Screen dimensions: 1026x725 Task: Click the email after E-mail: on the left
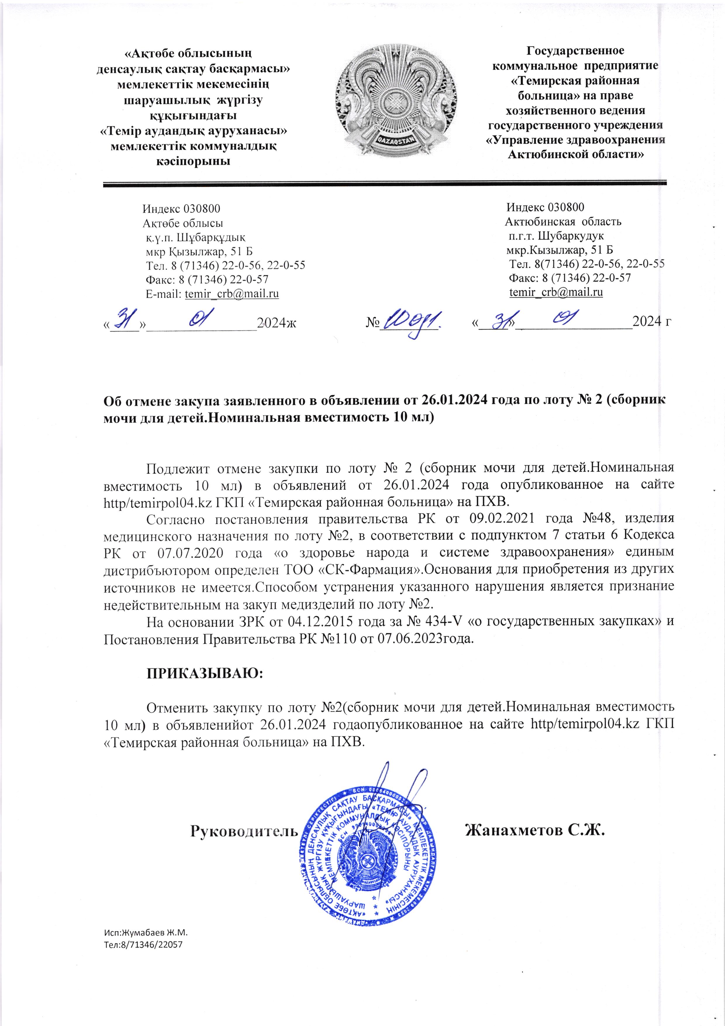(x=232, y=294)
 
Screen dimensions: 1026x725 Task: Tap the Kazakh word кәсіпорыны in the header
(x=193, y=161)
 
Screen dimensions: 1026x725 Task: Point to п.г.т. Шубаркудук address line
(x=556, y=236)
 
